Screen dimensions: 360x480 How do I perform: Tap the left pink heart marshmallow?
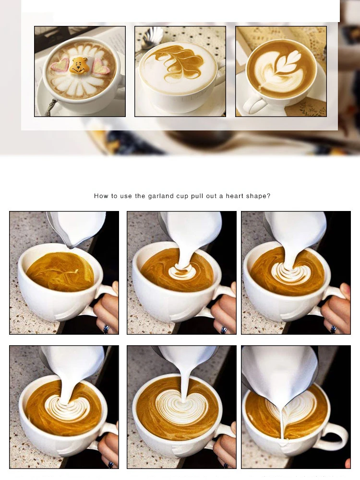(x=60, y=66)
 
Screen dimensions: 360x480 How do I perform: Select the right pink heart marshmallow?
(x=102, y=67)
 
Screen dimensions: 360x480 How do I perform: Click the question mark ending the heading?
(x=269, y=196)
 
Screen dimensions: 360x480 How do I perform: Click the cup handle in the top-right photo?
(x=253, y=104)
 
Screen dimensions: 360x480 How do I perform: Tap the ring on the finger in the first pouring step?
(x=107, y=329)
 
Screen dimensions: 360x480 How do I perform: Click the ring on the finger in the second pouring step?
(x=224, y=330)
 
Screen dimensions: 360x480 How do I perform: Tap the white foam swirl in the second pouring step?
(x=181, y=271)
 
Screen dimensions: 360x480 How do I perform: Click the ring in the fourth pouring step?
(x=110, y=464)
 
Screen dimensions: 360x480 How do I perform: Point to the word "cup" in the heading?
(x=182, y=197)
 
